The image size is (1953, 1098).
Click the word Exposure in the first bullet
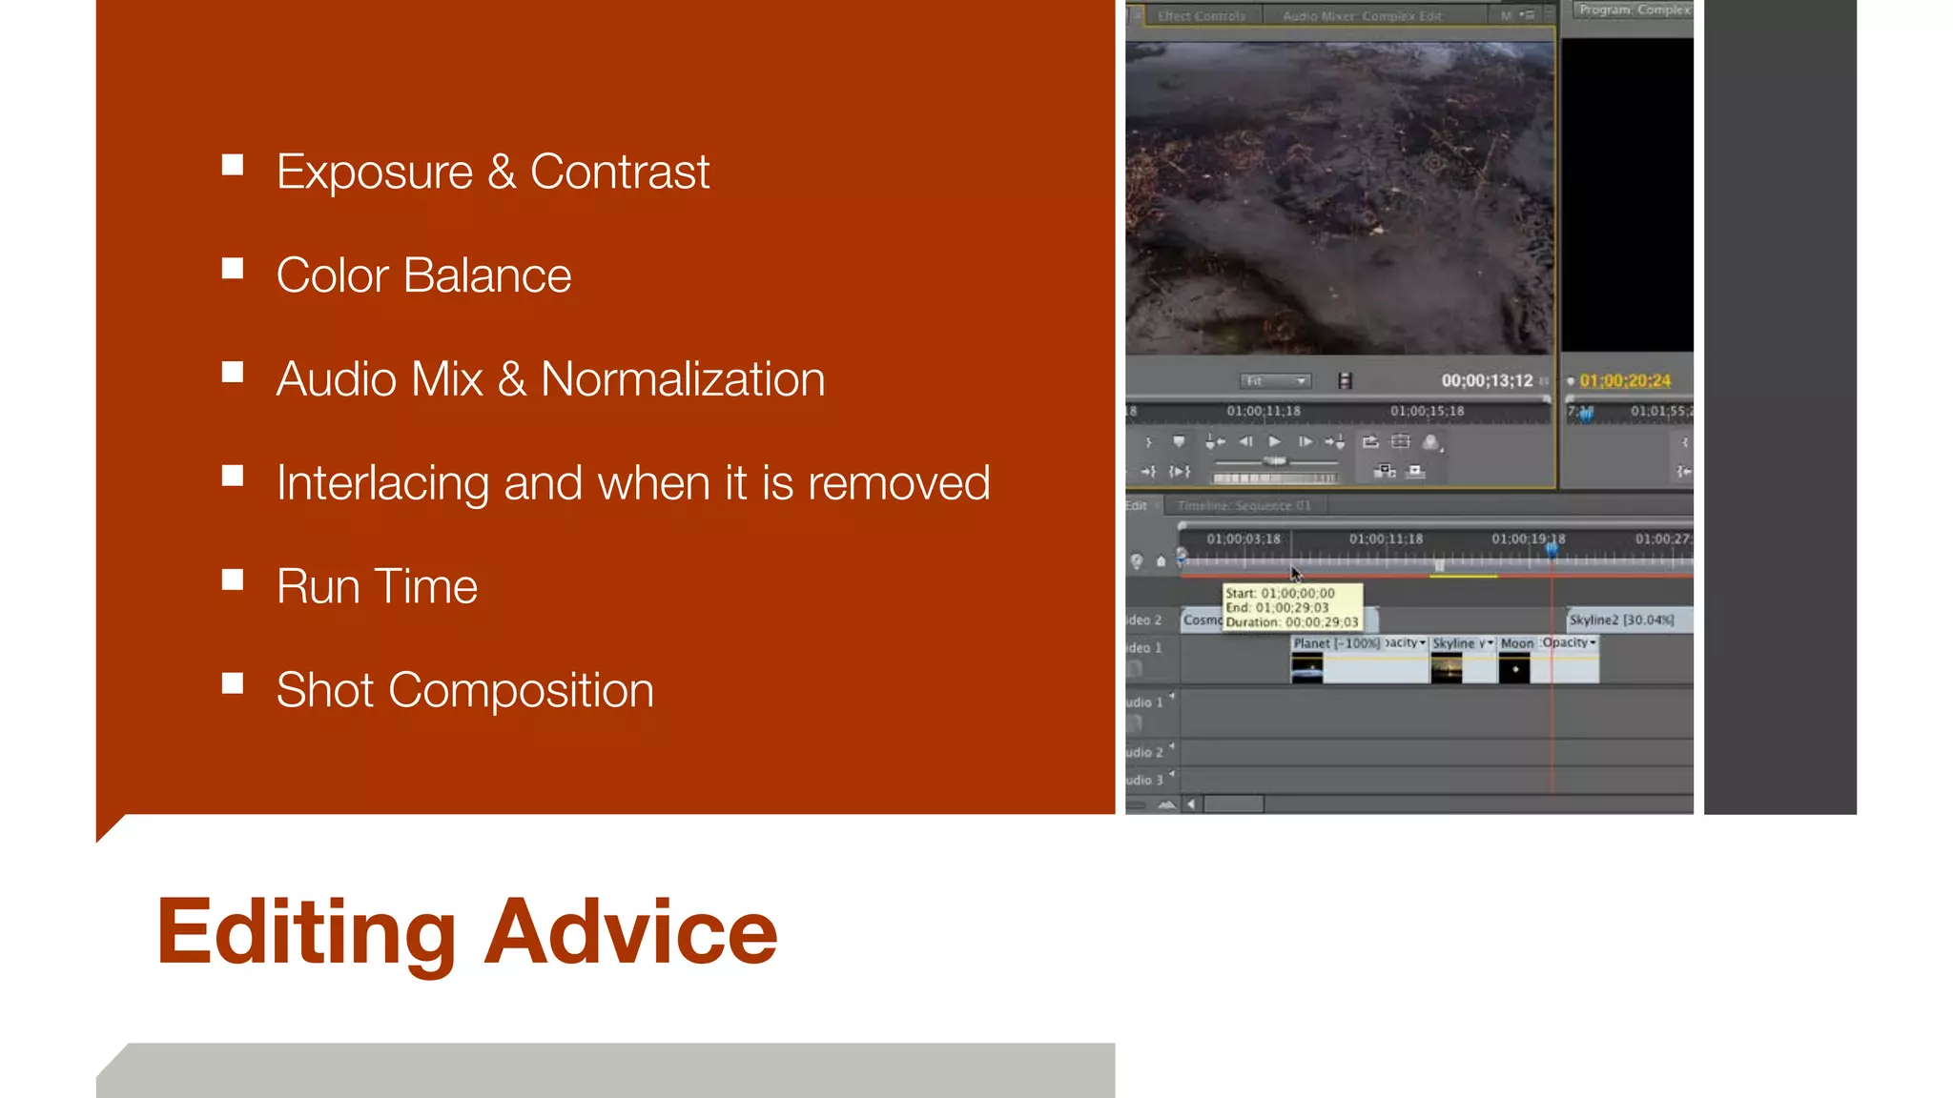(x=375, y=173)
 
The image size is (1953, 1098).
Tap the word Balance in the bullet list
(x=486, y=276)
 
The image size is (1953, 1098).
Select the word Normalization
(x=683, y=379)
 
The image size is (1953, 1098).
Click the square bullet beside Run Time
(x=233, y=579)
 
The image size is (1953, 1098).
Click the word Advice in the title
(x=630, y=931)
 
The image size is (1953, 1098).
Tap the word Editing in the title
(x=306, y=931)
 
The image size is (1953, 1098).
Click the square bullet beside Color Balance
(x=233, y=269)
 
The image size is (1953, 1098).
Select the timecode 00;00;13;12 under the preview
(x=1487, y=381)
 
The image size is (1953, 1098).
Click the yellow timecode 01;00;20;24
(x=1625, y=381)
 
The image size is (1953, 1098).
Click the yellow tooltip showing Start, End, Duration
(x=1292, y=607)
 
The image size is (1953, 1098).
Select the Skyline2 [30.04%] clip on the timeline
(x=1621, y=620)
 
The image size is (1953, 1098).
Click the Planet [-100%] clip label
(x=1336, y=643)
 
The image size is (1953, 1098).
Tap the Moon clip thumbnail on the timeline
(x=1514, y=669)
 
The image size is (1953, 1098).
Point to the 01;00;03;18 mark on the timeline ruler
(x=1244, y=539)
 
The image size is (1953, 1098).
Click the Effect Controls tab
(x=1202, y=16)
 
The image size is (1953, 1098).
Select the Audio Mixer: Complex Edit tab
(x=1362, y=16)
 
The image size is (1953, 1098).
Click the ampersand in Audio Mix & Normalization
(x=512, y=379)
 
